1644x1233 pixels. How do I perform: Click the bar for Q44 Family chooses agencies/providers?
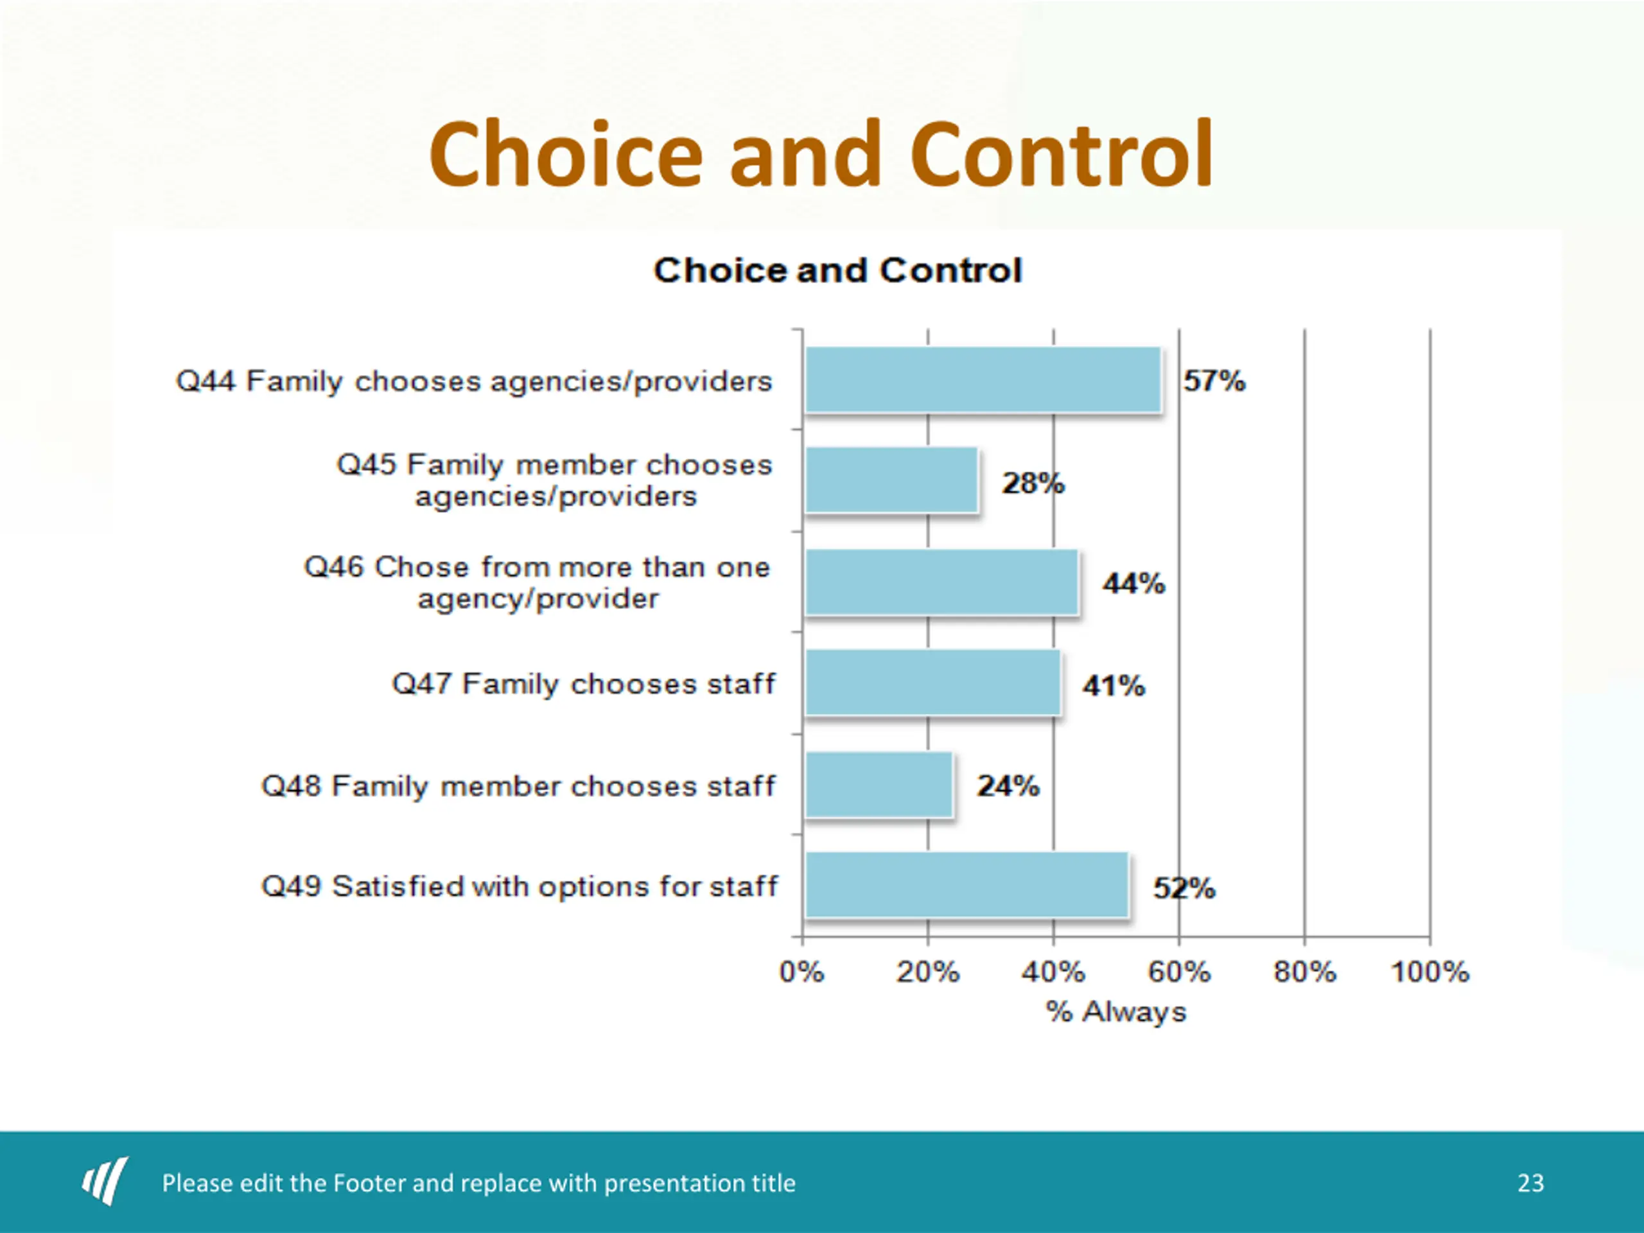(x=983, y=380)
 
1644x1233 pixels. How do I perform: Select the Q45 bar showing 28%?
(x=891, y=480)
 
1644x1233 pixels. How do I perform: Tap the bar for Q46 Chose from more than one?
(x=941, y=582)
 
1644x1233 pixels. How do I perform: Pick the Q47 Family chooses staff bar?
(x=932, y=683)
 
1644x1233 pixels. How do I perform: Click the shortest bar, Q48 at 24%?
(x=879, y=785)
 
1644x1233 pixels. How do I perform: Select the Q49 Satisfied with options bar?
(x=966, y=885)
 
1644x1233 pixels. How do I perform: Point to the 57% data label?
(x=1214, y=381)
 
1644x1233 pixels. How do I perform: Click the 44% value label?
(x=1133, y=583)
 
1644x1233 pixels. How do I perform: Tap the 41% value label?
(x=1114, y=685)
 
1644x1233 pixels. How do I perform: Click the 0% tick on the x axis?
(x=801, y=972)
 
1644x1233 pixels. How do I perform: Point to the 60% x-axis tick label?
(x=1179, y=972)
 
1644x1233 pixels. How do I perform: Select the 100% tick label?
(x=1430, y=972)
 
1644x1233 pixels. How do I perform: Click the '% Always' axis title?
(x=1115, y=1012)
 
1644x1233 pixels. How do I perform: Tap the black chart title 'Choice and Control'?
(x=837, y=270)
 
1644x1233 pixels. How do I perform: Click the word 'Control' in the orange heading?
(x=1062, y=155)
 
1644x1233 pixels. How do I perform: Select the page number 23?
(x=1530, y=1182)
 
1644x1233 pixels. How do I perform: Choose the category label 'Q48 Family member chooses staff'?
(x=518, y=786)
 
